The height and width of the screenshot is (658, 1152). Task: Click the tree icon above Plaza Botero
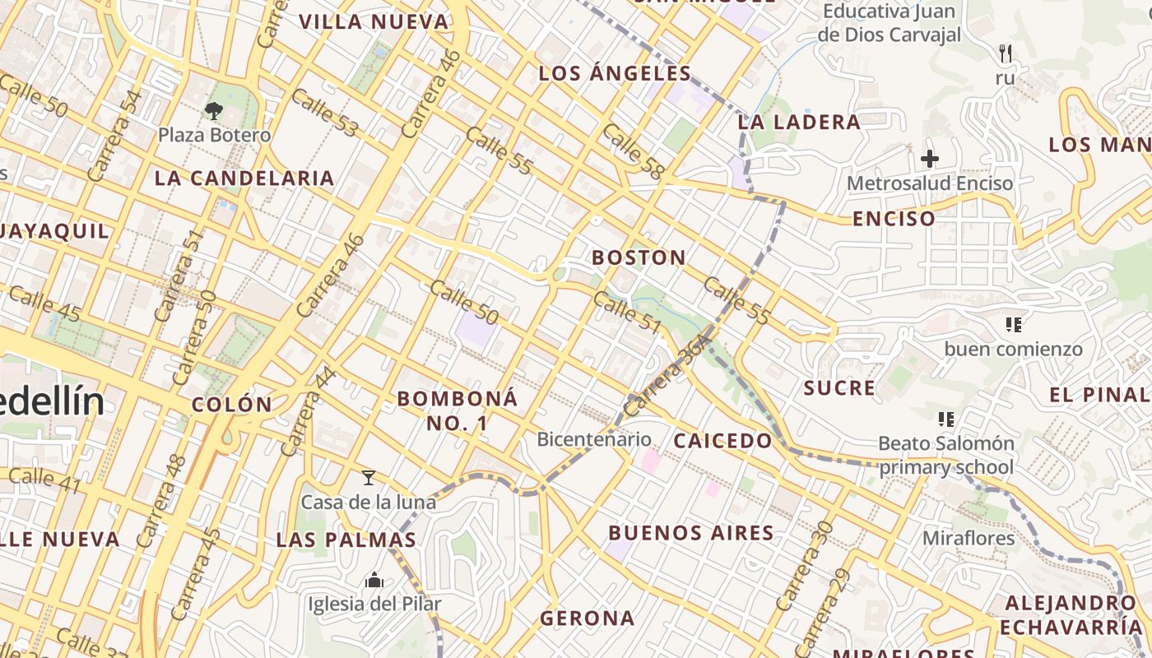point(213,110)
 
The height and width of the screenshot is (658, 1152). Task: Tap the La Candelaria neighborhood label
point(244,178)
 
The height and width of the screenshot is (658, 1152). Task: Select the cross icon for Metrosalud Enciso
point(930,158)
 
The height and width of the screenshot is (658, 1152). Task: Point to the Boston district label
point(639,257)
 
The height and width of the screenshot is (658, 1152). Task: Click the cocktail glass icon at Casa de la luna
point(369,477)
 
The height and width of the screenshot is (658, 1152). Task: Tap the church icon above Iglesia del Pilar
point(374,581)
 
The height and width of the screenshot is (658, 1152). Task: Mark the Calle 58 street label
point(632,152)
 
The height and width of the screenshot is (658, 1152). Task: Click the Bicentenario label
point(593,439)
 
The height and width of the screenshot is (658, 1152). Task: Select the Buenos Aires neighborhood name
point(691,533)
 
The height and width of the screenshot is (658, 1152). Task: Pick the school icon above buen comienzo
point(1013,325)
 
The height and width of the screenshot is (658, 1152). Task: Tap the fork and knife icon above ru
point(1005,53)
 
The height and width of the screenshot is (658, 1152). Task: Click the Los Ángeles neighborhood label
point(615,73)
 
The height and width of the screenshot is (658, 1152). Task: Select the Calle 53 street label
point(325,113)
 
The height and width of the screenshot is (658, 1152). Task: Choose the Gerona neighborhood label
point(588,618)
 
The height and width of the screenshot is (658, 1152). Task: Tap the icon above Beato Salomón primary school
point(946,419)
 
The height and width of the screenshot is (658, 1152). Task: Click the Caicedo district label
point(722,441)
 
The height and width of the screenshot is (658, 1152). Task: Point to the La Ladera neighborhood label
point(798,123)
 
